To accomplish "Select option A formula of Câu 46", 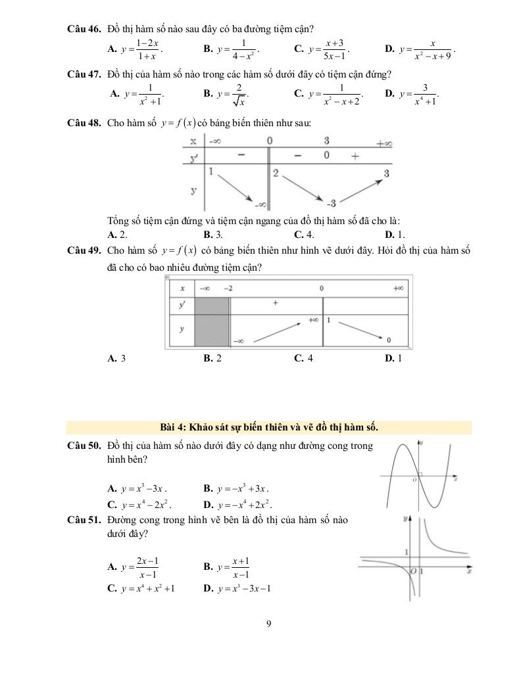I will pos(140,49).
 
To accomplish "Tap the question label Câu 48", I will pos(84,122).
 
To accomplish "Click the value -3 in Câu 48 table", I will pos(332,202).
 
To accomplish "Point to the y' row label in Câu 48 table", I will pos(193,158).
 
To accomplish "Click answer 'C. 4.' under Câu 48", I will pos(305,234).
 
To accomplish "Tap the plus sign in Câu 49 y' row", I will pos(275,303).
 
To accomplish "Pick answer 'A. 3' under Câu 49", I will pos(116,358).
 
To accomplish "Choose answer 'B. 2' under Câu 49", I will pos(212,358).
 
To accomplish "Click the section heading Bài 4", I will pos(270,427).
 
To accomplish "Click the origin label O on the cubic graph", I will pos(414,480).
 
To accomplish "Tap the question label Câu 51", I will pos(84,520).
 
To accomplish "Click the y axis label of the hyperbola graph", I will pos(406,519).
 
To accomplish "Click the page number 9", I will pos(269,624).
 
